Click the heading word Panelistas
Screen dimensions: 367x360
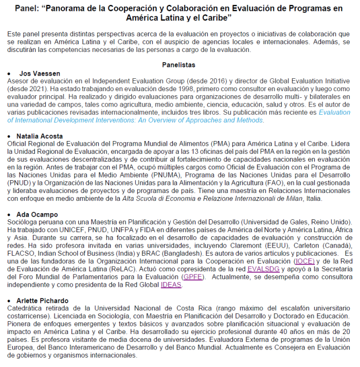(178, 65)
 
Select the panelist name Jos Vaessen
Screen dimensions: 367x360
(40, 74)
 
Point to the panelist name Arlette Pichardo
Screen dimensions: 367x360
(46, 300)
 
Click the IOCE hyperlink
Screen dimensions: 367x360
(303, 261)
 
